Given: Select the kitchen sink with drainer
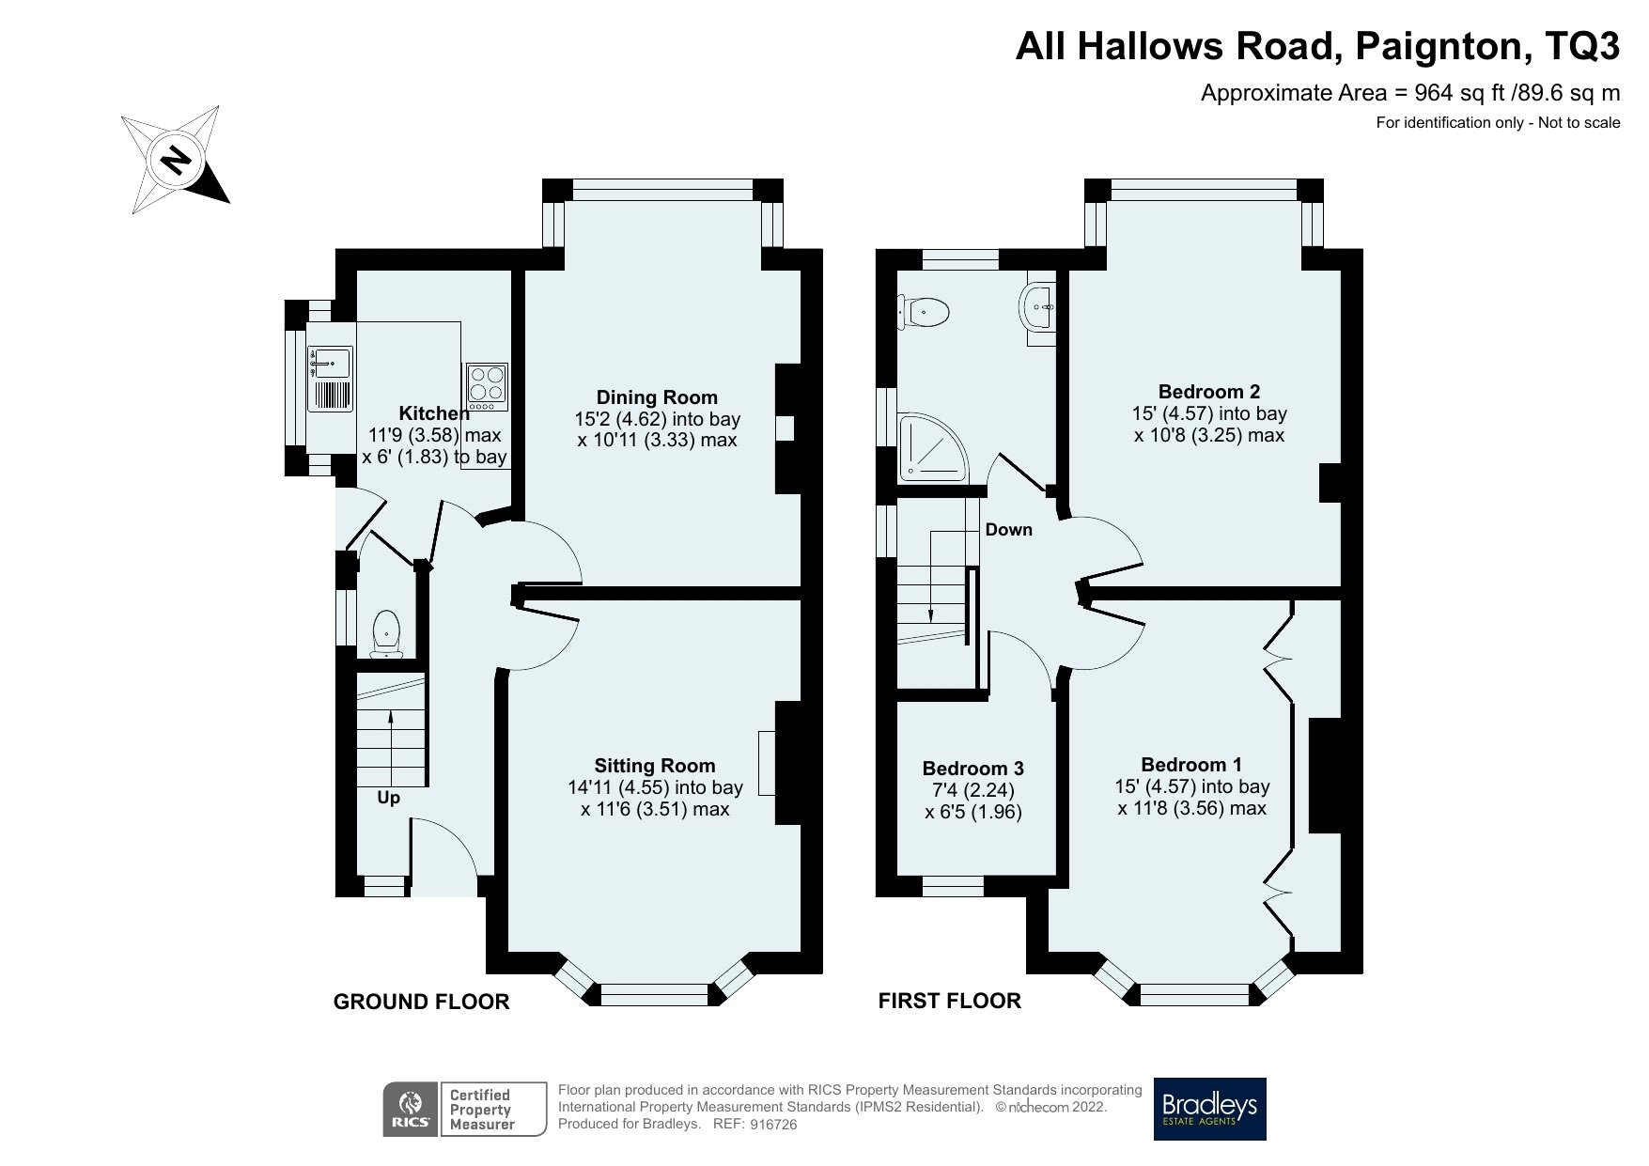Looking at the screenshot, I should (330, 379).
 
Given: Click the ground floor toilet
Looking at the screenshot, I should (386, 632).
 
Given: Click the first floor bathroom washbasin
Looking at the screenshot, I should (1038, 307).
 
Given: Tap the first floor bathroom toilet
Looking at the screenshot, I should (923, 310).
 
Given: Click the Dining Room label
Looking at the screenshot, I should (657, 397).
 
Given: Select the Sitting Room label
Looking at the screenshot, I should (654, 766).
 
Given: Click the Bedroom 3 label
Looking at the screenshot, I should (972, 769).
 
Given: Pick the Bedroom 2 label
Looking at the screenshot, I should (1208, 392).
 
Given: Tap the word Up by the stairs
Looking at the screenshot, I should (388, 798).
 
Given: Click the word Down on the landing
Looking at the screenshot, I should (1008, 530).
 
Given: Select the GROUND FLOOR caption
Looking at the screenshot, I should (421, 1003).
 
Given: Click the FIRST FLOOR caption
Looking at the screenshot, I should (949, 1001).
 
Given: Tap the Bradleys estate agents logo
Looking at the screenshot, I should (1209, 1109).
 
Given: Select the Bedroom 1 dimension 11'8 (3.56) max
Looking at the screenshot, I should (1191, 808).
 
